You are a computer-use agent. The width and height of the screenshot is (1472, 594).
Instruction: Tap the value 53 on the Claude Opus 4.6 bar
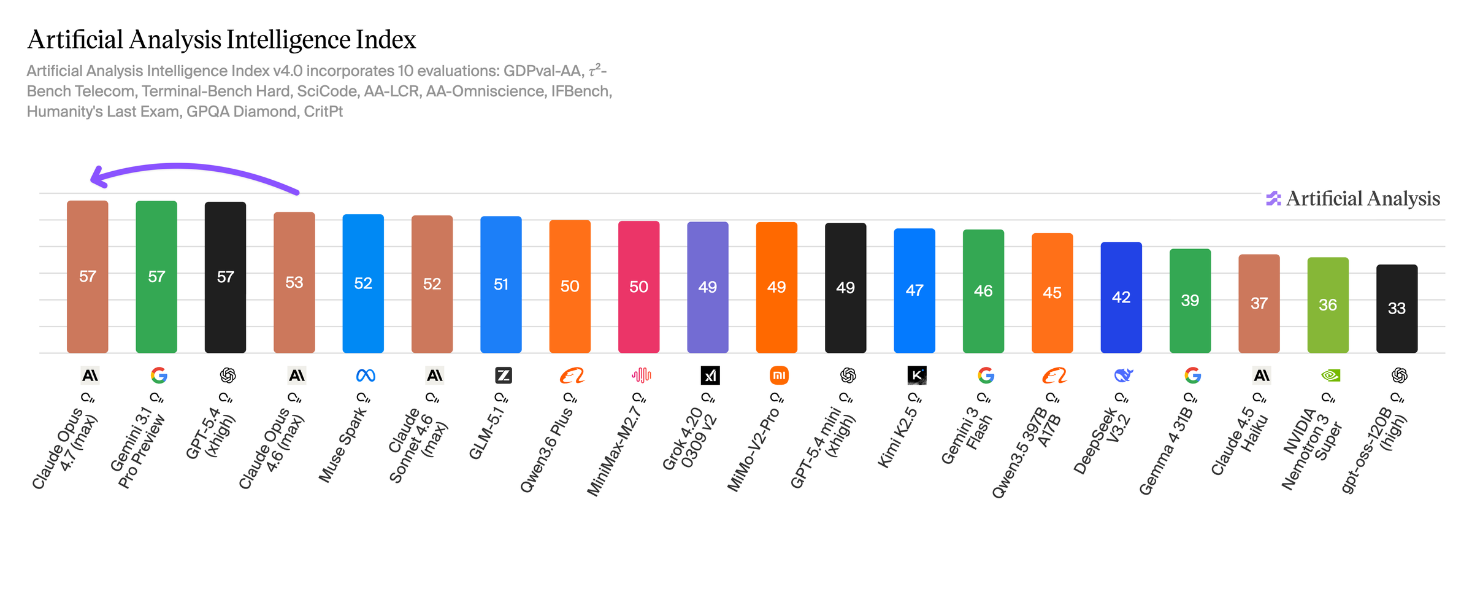[x=294, y=282]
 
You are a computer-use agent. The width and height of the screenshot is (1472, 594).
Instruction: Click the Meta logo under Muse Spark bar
[x=366, y=375]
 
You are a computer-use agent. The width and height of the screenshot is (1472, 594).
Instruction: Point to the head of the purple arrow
[x=98, y=177]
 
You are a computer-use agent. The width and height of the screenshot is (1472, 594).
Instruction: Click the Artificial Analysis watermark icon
[x=1273, y=198]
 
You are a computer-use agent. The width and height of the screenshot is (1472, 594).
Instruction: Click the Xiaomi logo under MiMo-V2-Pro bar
[x=779, y=375]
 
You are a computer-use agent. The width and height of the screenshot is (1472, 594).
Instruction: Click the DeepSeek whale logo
[x=1123, y=375]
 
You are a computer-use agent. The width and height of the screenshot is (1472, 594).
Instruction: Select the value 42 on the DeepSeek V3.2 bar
[x=1121, y=297]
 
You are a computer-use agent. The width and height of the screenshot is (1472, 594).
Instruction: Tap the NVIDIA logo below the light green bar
[x=1330, y=375]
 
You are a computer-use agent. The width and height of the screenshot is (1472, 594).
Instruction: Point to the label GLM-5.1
[x=487, y=433]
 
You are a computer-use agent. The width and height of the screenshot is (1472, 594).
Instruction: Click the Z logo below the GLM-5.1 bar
[x=503, y=375]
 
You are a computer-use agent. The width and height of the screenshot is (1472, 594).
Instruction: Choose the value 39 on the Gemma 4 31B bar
[x=1190, y=300]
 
